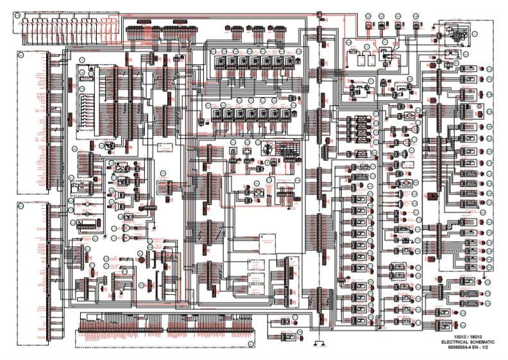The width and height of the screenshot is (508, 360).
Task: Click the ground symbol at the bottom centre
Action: point(321,345)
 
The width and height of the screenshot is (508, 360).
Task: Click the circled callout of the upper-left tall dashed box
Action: point(20,55)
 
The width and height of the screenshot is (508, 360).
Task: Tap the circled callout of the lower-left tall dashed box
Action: point(20,207)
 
